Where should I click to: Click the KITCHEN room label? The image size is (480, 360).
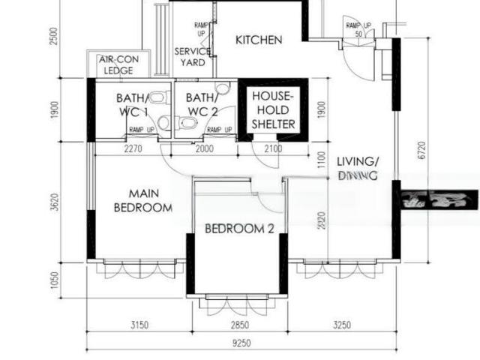pos(259,40)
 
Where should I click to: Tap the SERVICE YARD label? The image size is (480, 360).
pos(192,57)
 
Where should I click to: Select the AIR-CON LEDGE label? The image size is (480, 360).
pos(118,65)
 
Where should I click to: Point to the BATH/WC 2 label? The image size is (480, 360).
pos(203,105)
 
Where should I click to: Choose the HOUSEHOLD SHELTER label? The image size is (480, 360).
pos(273,109)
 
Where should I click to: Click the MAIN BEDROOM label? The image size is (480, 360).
pos(143,200)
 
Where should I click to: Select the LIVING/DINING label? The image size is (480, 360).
pos(357,168)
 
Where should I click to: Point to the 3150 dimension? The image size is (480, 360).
pos(138,325)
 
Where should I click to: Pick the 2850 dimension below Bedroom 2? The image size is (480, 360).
pos(239,325)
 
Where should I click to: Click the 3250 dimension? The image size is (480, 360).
pos(342,325)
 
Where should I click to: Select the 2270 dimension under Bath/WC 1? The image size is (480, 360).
pos(132,149)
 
